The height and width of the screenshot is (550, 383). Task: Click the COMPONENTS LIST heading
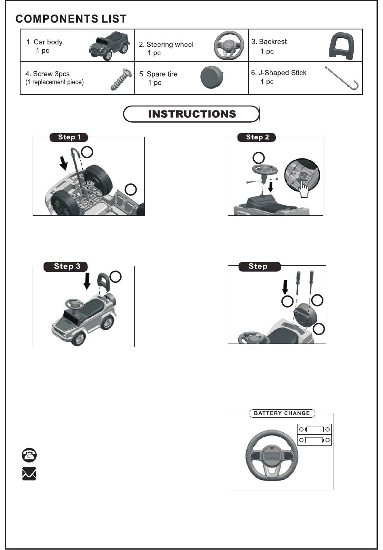coord(71,19)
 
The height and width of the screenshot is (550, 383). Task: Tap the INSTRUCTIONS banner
coord(191,114)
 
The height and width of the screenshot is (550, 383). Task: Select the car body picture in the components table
coord(109,46)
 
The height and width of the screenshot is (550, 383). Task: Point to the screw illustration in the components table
coord(121,79)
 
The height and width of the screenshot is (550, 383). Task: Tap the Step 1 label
coord(69,137)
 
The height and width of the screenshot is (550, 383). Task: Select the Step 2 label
coord(257,137)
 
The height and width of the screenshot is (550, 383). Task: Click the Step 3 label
coord(67,266)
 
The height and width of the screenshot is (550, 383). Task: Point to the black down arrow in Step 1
coord(63,163)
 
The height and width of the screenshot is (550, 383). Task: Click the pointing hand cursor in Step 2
coord(303,187)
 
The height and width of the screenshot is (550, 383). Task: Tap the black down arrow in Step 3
coord(87,281)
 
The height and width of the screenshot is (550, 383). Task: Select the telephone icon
coord(29,455)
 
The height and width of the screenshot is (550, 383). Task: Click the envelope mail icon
coord(29,474)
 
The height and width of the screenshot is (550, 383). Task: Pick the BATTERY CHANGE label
coord(282,413)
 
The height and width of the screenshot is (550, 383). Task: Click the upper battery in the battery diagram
coord(314,429)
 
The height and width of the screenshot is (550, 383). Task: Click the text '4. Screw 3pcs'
coord(47,74)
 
